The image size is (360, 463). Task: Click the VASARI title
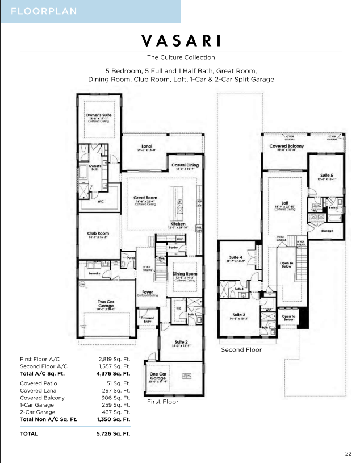click(x=181, y=41)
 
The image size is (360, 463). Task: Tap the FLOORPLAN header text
click(x=39, y=11)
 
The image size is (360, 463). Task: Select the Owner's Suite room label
click(x=99, y=115)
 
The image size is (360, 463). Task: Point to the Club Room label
click(x=98, y=233)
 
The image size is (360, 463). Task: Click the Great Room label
click(x=145, y=198)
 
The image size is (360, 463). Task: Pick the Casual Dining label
click(x=185, y=165)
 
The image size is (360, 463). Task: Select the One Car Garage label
click(x=158, y=375)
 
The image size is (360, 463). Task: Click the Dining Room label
click(x=185, y=274)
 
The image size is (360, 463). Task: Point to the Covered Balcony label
click(x=286, y=146)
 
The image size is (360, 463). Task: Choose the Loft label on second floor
click(x=286, y=202)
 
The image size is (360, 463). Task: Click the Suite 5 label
click(x=326, y=176)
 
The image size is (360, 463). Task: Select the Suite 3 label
click(x=238, y=315)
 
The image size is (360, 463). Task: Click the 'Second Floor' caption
click(x=241, y=350)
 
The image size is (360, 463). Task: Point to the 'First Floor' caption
click(x=162, y=402)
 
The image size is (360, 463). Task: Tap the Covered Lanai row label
click(x=40, y=391)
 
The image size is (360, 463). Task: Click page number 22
click(x=348, y=453)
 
